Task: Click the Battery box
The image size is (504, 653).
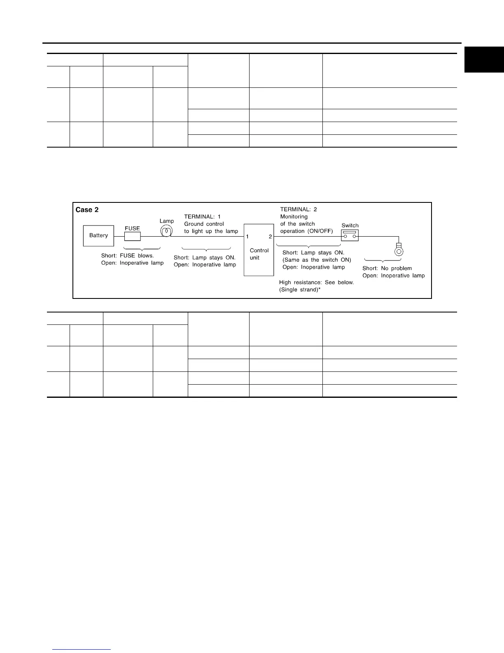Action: [x=98, y=235]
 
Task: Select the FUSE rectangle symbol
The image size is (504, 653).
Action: [x=132, y=237]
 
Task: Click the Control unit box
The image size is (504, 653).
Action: [x=259, y=250]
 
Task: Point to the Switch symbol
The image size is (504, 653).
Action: [x=350, y=235]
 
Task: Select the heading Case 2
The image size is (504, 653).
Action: [x=87, y=210]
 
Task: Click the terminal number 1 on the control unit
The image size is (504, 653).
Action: [x=247, y=237]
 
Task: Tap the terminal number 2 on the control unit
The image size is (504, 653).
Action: [x=270, y=237]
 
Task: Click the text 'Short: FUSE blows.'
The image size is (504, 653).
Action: [x=127, y=256]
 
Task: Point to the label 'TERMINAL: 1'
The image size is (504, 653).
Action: [x=202, y=217]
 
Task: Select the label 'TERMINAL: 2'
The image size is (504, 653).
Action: [x=299, y=209]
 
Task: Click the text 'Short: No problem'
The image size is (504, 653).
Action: [x=387, y=268]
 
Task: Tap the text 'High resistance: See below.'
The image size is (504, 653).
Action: [x=316, y=282]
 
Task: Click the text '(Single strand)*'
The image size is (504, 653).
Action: [x=300, y=290]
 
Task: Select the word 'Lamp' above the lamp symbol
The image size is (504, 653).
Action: [x=167, y=221]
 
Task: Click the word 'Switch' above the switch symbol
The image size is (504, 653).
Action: [x=350, y=225]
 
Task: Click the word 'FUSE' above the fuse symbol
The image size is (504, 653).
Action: [x=132, y=228]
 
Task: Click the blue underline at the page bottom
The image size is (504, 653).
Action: [x=82, y=650]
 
